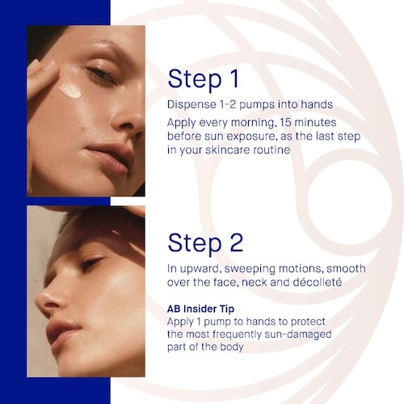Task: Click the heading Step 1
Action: click(203, 79)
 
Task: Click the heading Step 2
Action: click(205, 243)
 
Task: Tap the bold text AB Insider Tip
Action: click(200, 309)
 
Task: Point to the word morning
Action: click(253, 123)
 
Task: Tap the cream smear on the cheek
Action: click(69, 90)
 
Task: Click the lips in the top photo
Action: click(112, 158)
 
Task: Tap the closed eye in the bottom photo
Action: click(91, 262)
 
